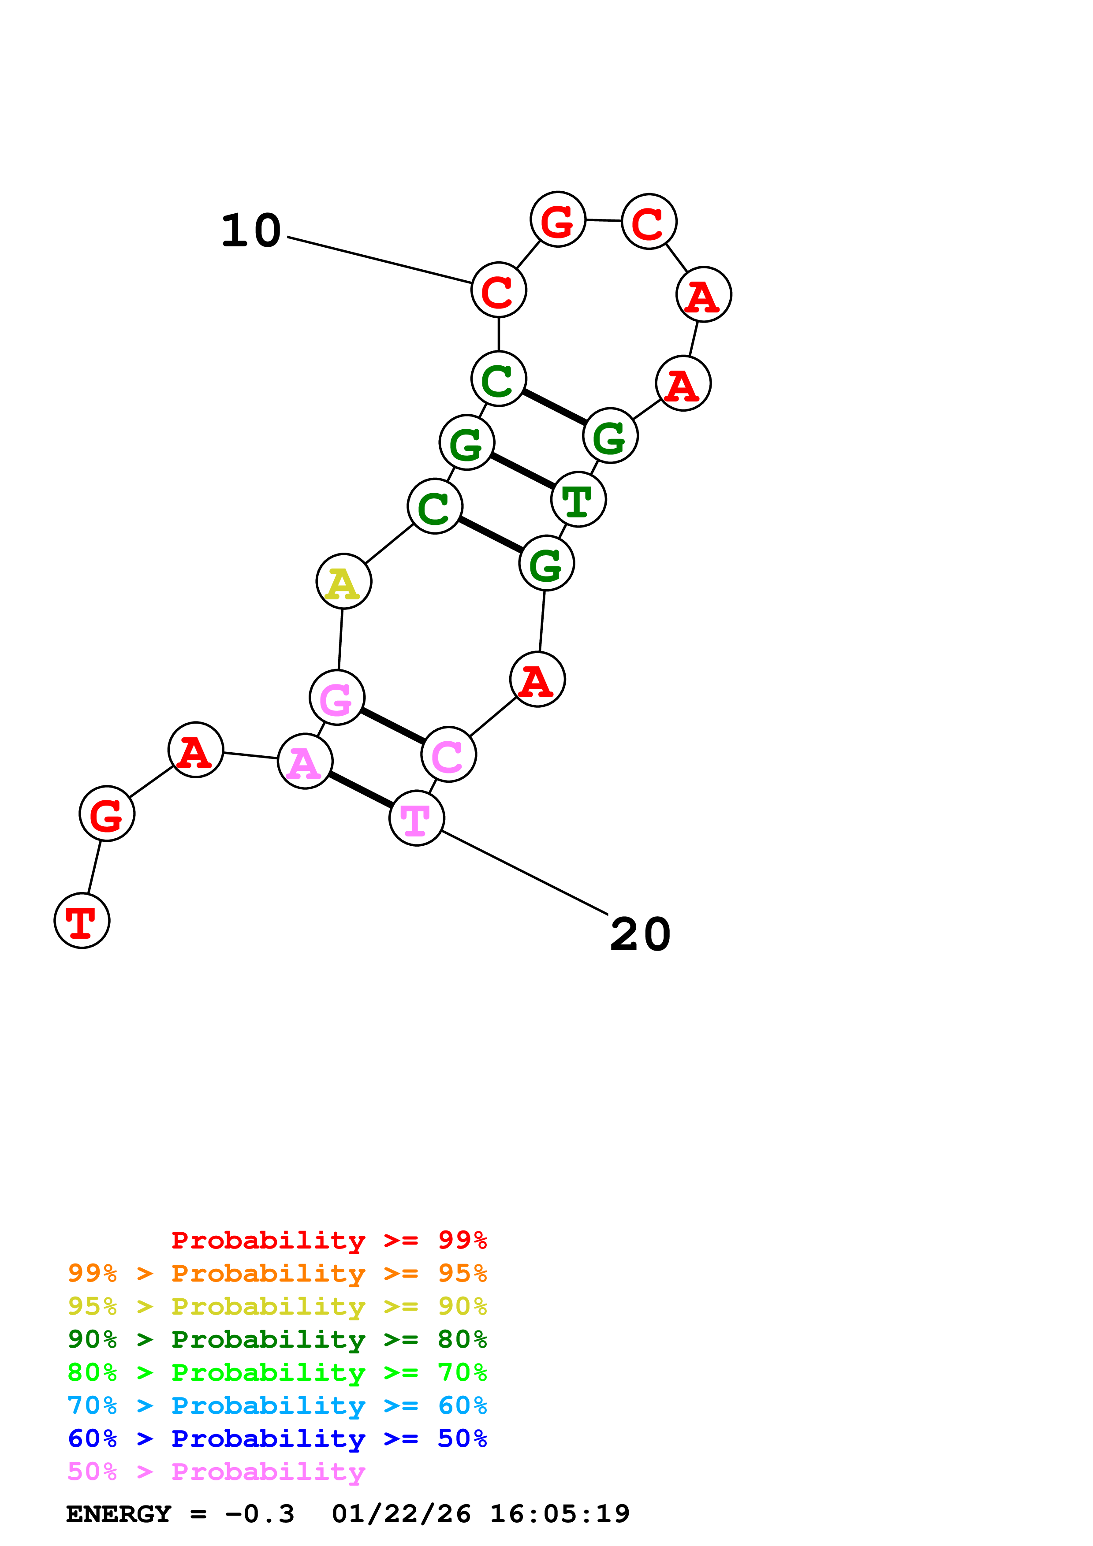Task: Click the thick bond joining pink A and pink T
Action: (361, 789)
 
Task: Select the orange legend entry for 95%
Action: (277, 1273)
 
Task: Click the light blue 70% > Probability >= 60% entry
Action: (277, 1405)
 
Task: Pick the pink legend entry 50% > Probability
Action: (216, 1471)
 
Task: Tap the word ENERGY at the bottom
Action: (119, 1514)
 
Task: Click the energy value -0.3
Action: (259, 1514)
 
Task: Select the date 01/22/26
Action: (401, 1514)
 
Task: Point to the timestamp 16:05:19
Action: (559, 1514)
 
